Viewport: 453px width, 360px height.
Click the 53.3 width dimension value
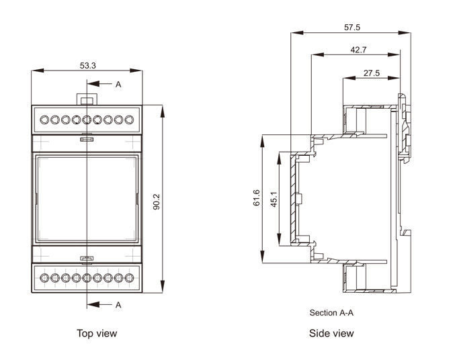(88, 65)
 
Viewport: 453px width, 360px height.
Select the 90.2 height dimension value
(157, 202)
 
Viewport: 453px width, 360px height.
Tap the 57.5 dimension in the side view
(352, 28)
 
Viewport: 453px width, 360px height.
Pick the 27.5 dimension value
(372, 73)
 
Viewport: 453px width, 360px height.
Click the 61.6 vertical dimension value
(256, 198)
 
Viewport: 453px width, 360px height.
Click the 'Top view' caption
(96, 333)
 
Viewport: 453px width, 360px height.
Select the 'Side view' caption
(331, 333)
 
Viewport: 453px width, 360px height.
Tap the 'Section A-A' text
(331, 313)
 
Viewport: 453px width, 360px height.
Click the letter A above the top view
(118, 85)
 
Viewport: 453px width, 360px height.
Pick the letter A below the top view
(118, 305)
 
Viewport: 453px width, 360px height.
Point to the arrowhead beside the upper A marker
(91, 85)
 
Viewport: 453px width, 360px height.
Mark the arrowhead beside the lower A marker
(91, 305)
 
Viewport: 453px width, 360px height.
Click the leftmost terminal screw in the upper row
(44, 120)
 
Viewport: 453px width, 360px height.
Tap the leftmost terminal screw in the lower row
(44, 277)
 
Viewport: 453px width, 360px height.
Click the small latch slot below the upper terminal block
(87, 140)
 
